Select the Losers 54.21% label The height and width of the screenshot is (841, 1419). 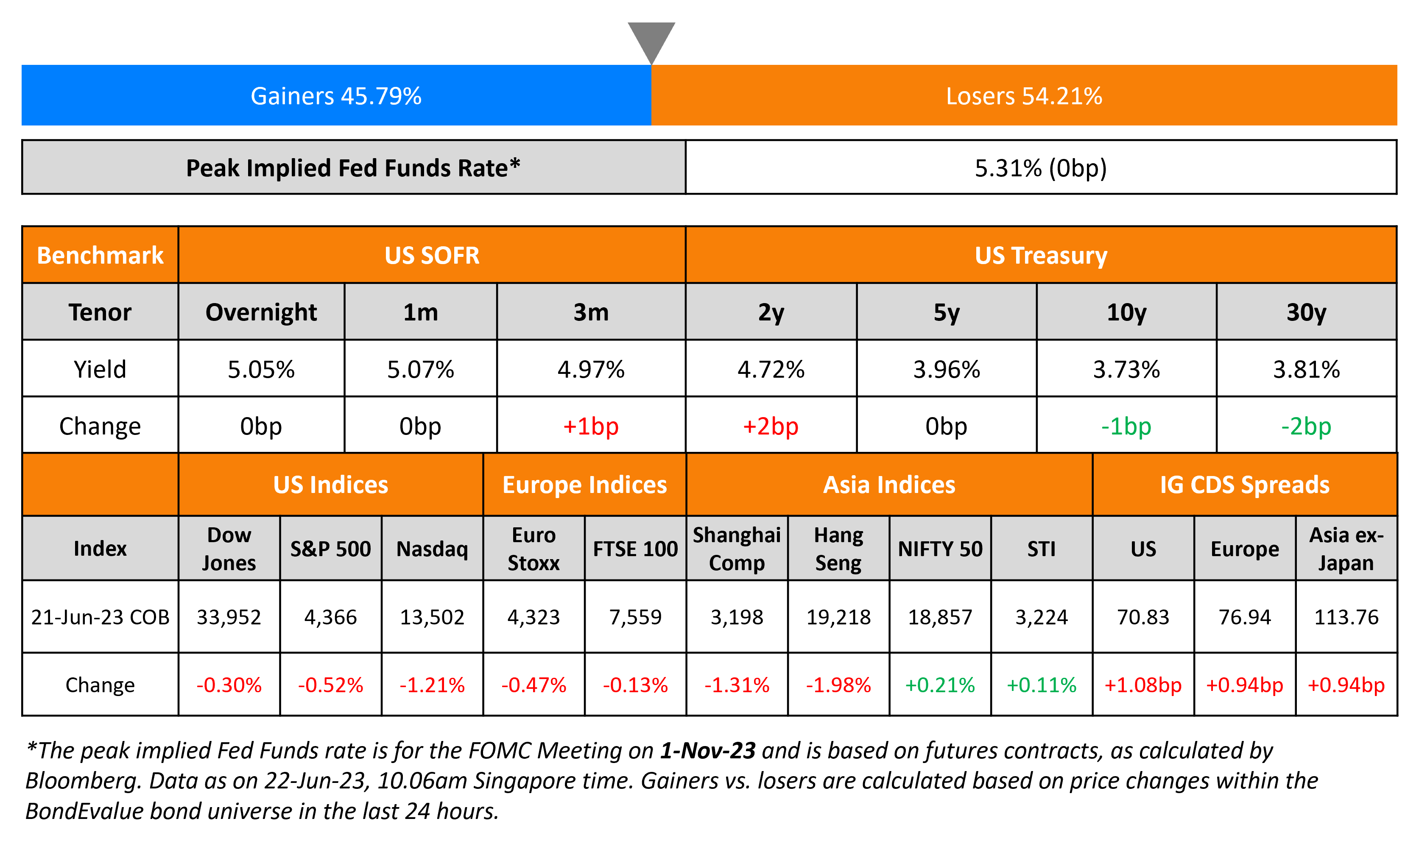[1023, 96]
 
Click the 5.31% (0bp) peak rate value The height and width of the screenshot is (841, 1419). [1040, 168]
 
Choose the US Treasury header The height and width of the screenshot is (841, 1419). [1040, 256]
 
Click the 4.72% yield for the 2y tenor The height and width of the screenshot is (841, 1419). [771, 370]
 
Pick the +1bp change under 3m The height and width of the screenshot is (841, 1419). [590, 426]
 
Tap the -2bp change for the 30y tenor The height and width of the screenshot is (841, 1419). [1306, 426]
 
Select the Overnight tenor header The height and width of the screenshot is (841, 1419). [261, 312]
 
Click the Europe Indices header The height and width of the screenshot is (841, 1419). [584, 485]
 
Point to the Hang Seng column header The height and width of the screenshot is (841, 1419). [838, 549]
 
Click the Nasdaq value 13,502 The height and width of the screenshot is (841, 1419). [432, 617]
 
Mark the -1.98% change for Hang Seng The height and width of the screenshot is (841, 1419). [838, 685]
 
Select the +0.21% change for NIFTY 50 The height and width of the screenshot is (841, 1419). [939, 685]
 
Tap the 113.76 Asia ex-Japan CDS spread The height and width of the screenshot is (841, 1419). [1346, 617]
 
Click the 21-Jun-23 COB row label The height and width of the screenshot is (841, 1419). [101, 617]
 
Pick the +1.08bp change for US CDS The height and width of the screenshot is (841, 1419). [1142, 685]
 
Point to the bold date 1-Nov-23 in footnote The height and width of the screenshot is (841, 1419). [707, 750]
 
